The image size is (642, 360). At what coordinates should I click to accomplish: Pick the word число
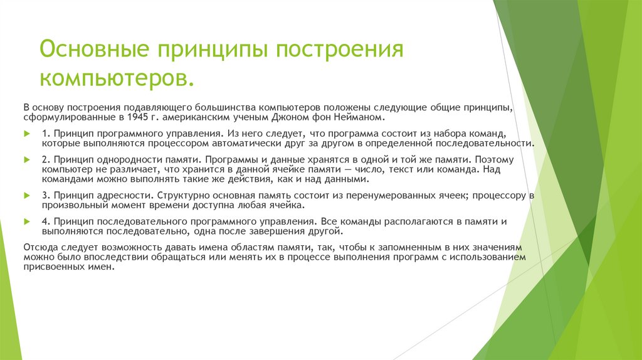(360, 169)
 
